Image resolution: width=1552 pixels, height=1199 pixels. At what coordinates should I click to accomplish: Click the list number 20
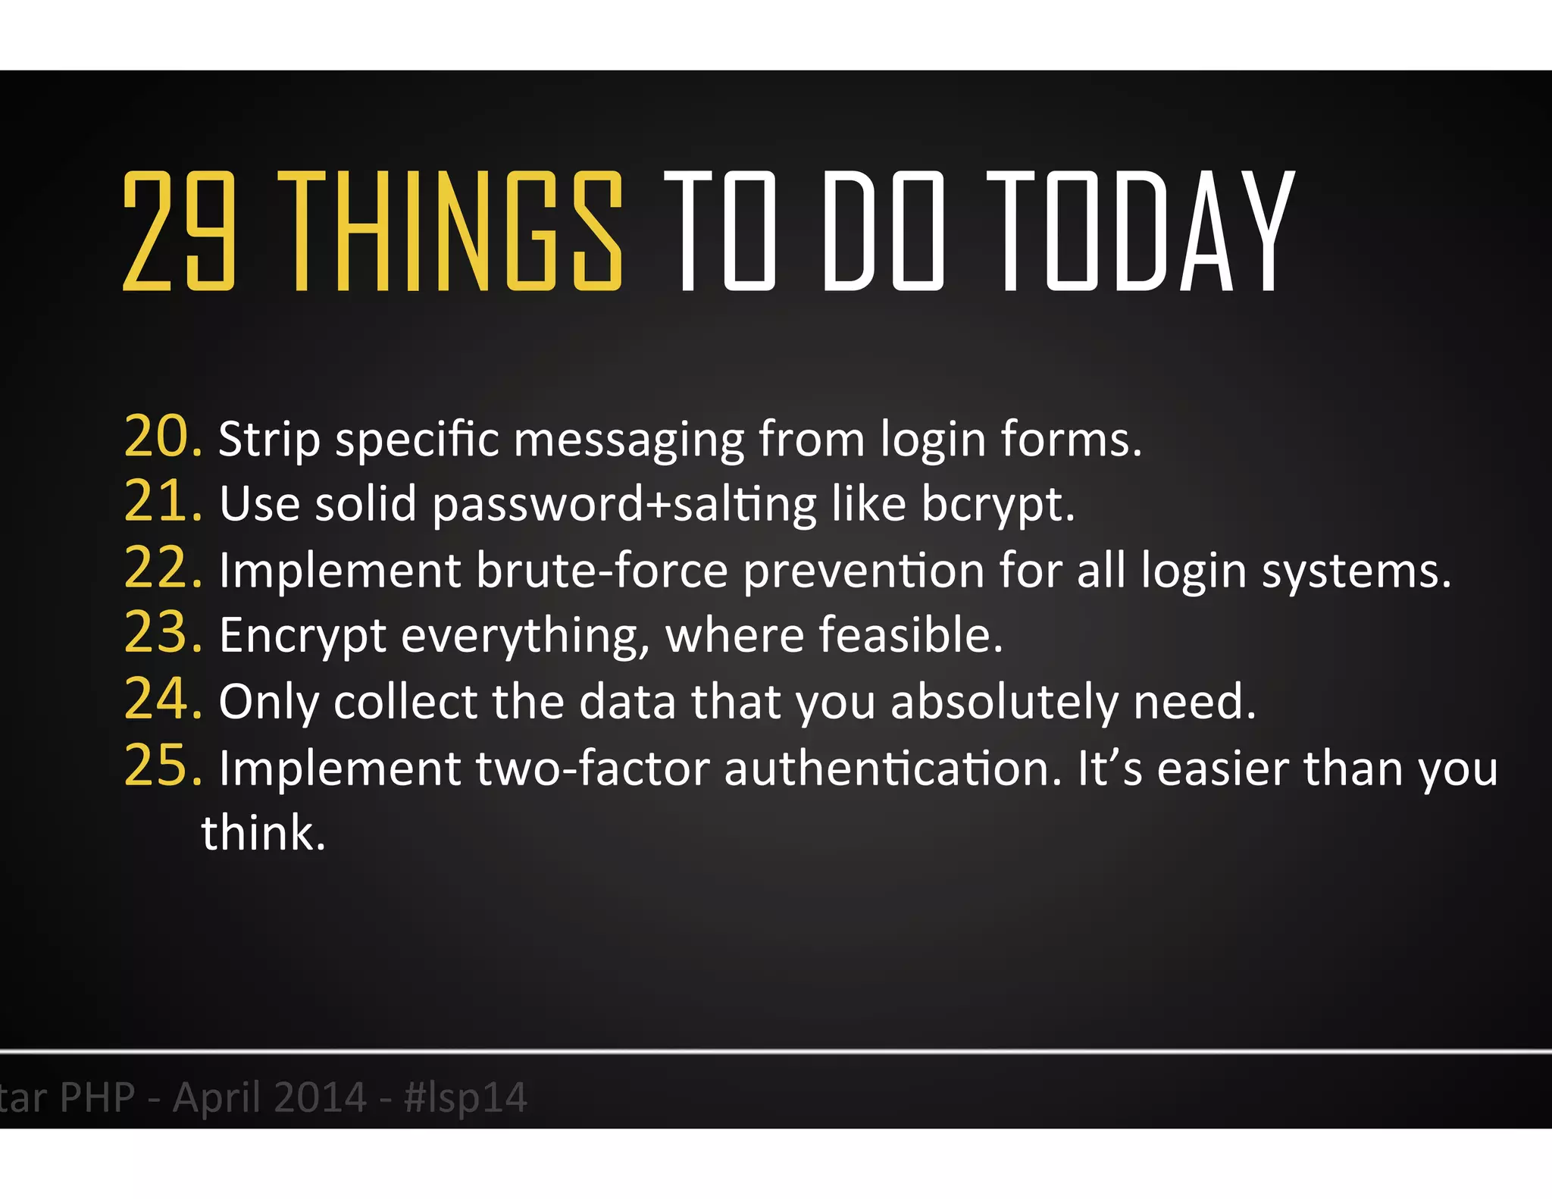(x=162, y=437)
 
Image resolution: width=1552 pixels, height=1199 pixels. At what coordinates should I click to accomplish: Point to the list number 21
(x=162, y=502)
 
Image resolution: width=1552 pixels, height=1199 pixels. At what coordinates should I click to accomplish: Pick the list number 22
(x=162, y=568)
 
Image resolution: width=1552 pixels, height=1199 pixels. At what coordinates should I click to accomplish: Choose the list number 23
(x=162, y=633)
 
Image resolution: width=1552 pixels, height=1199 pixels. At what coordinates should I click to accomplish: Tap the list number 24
(x=162, y=699)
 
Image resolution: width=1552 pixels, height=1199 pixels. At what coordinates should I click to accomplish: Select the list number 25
(x=162, y=765)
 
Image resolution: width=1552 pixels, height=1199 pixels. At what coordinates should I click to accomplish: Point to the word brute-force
(x=602, y=570)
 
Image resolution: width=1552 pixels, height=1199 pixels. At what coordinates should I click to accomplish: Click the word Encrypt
(x=302, y=636)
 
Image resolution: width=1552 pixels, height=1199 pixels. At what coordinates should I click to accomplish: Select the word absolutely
(x=1004, y=702)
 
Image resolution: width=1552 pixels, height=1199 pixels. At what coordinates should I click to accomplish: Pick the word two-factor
(x=592, y=769)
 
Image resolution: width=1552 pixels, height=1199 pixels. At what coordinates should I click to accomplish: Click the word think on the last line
(x=263, y=833)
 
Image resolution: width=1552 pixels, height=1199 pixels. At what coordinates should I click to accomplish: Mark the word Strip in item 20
(x=269, y=440)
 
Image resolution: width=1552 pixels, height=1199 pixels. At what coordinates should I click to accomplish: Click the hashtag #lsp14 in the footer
(x=466, y=1097)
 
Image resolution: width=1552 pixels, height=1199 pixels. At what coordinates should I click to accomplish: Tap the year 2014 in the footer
(x=318, y=1097)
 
